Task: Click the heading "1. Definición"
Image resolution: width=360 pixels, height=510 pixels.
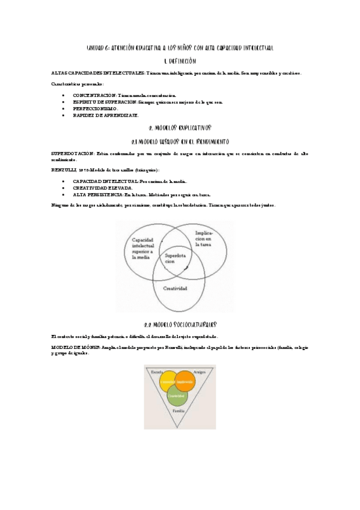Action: click(180, 61)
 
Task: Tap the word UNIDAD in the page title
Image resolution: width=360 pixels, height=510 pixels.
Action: click(96, 48)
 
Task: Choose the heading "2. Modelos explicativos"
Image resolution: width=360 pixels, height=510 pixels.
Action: click(180, 128)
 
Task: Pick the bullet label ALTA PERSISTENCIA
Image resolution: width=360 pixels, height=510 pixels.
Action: click(97, 194)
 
